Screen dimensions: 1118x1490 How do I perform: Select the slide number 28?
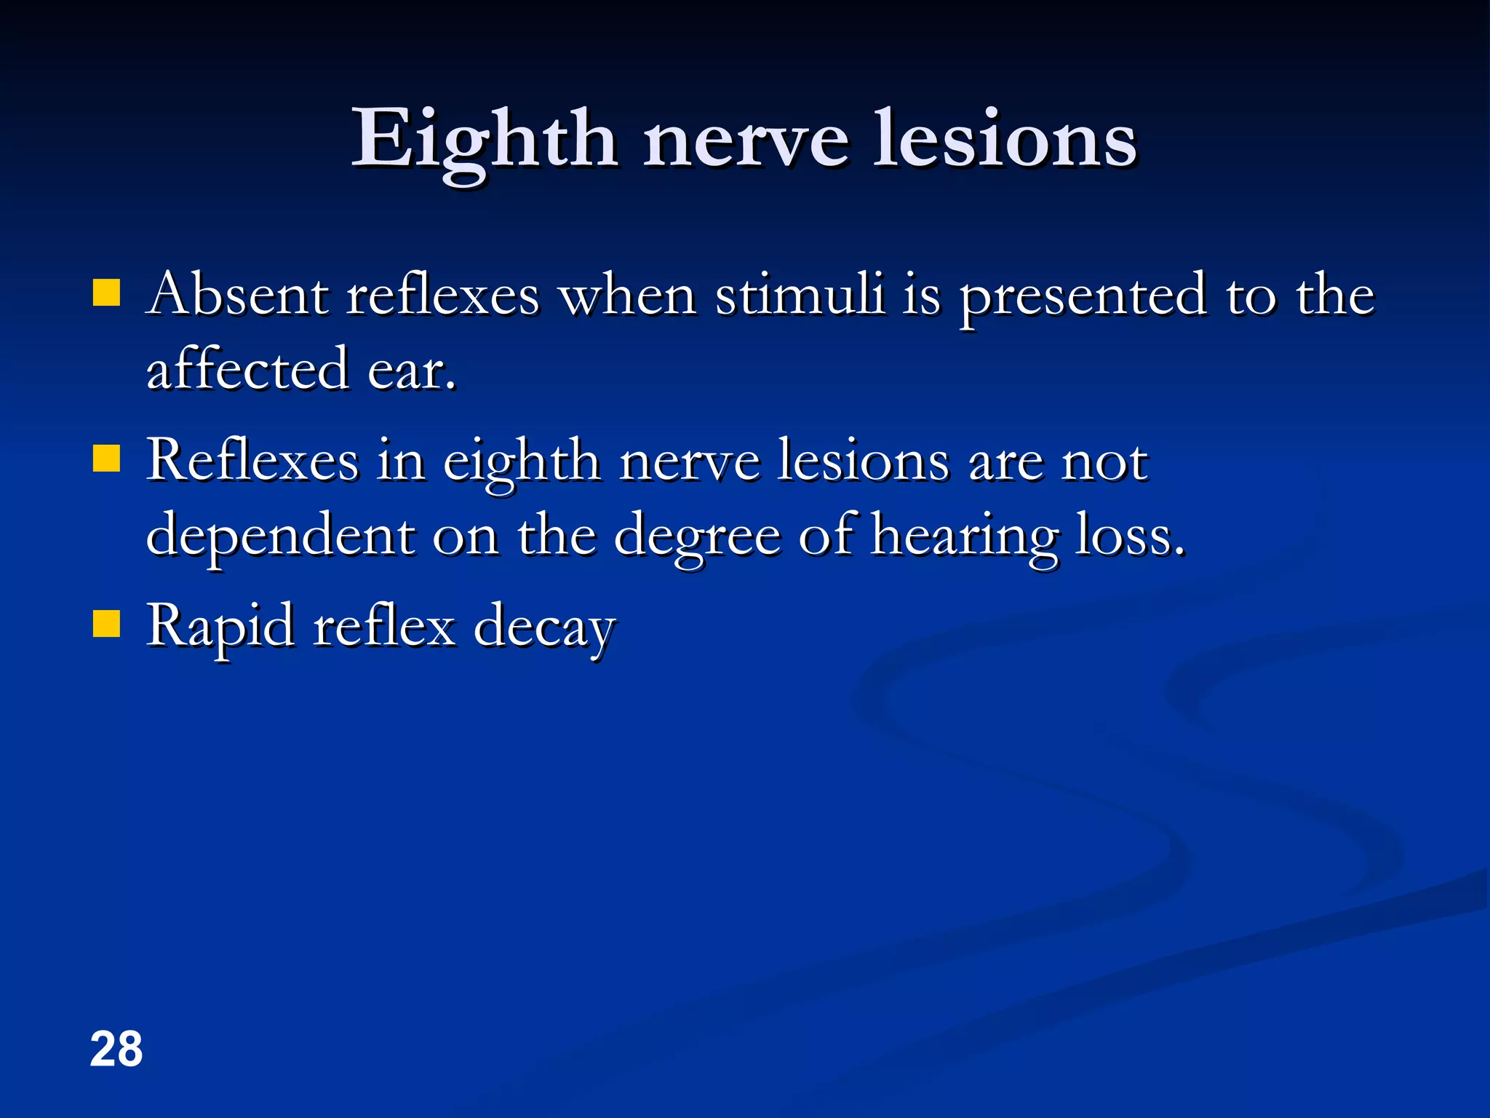pos(116,1050)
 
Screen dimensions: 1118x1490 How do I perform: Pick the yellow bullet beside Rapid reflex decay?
pos(107,625)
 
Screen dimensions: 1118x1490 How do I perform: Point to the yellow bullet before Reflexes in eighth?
pos(107,459)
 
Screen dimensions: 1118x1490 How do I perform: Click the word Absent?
pos(237,295)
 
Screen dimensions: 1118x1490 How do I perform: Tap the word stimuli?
pos(800,295)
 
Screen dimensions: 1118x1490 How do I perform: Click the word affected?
pos(247,369)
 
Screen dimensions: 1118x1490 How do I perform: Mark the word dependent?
pos(281,535)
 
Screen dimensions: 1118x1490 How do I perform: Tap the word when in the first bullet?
pos(628,295)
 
